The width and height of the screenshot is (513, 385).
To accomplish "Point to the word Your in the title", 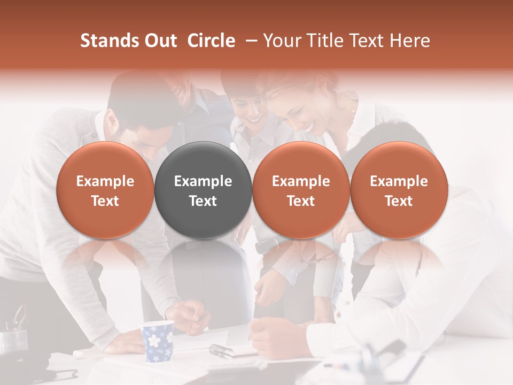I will (282, 41).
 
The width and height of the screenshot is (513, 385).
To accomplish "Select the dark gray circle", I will (203, 190).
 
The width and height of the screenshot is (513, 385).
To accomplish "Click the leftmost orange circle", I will (105, 190).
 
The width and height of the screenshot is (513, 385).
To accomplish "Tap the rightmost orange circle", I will (399, 190).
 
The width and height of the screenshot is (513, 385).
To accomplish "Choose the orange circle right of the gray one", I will (301, 190).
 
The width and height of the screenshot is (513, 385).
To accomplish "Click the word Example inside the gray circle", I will (203, 181).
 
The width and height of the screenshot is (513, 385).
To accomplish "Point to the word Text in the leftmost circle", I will (105, 201).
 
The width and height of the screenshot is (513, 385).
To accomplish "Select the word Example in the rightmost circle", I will (399, 181).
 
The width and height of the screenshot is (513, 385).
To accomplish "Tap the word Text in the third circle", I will (301, 201).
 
